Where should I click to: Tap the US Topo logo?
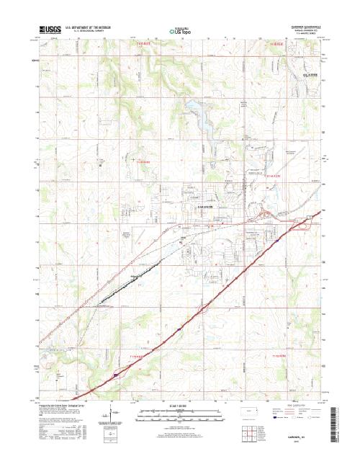pyautogui.click(x=180, y=32)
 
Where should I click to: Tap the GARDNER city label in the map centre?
pyautogui.click(x=187, y=206)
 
